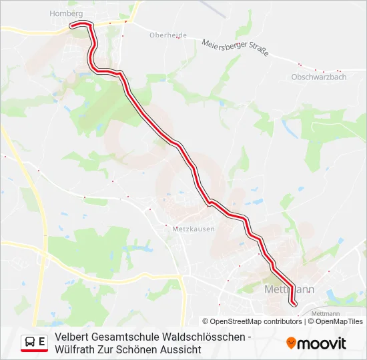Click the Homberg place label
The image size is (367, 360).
65,13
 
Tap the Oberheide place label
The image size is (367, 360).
168,35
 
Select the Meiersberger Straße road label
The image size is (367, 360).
235,48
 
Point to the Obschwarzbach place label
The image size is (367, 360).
319,77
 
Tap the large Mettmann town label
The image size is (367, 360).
289,290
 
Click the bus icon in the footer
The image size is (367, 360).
29,343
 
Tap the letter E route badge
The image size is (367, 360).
42,343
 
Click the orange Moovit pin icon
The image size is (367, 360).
291,343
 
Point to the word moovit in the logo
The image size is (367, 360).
322,343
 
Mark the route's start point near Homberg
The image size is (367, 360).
71,26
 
